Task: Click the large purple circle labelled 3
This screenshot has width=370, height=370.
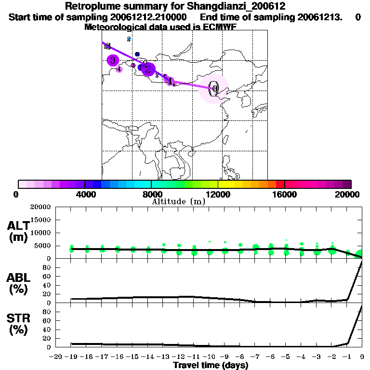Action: pyautogui.click(x=113, y=60)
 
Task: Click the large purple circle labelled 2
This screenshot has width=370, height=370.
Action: pyautogui.click(x=148, y=69)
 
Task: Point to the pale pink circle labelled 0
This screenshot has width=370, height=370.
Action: pyautogui.click(x=214, y=89)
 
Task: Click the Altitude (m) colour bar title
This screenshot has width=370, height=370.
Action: pyautogui.click(x=178, y=201)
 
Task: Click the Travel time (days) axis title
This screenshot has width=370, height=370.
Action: pyautogui.click(x=211, y=365)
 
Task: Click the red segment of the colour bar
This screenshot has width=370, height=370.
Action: pyautogui.click(x=280, y=184)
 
